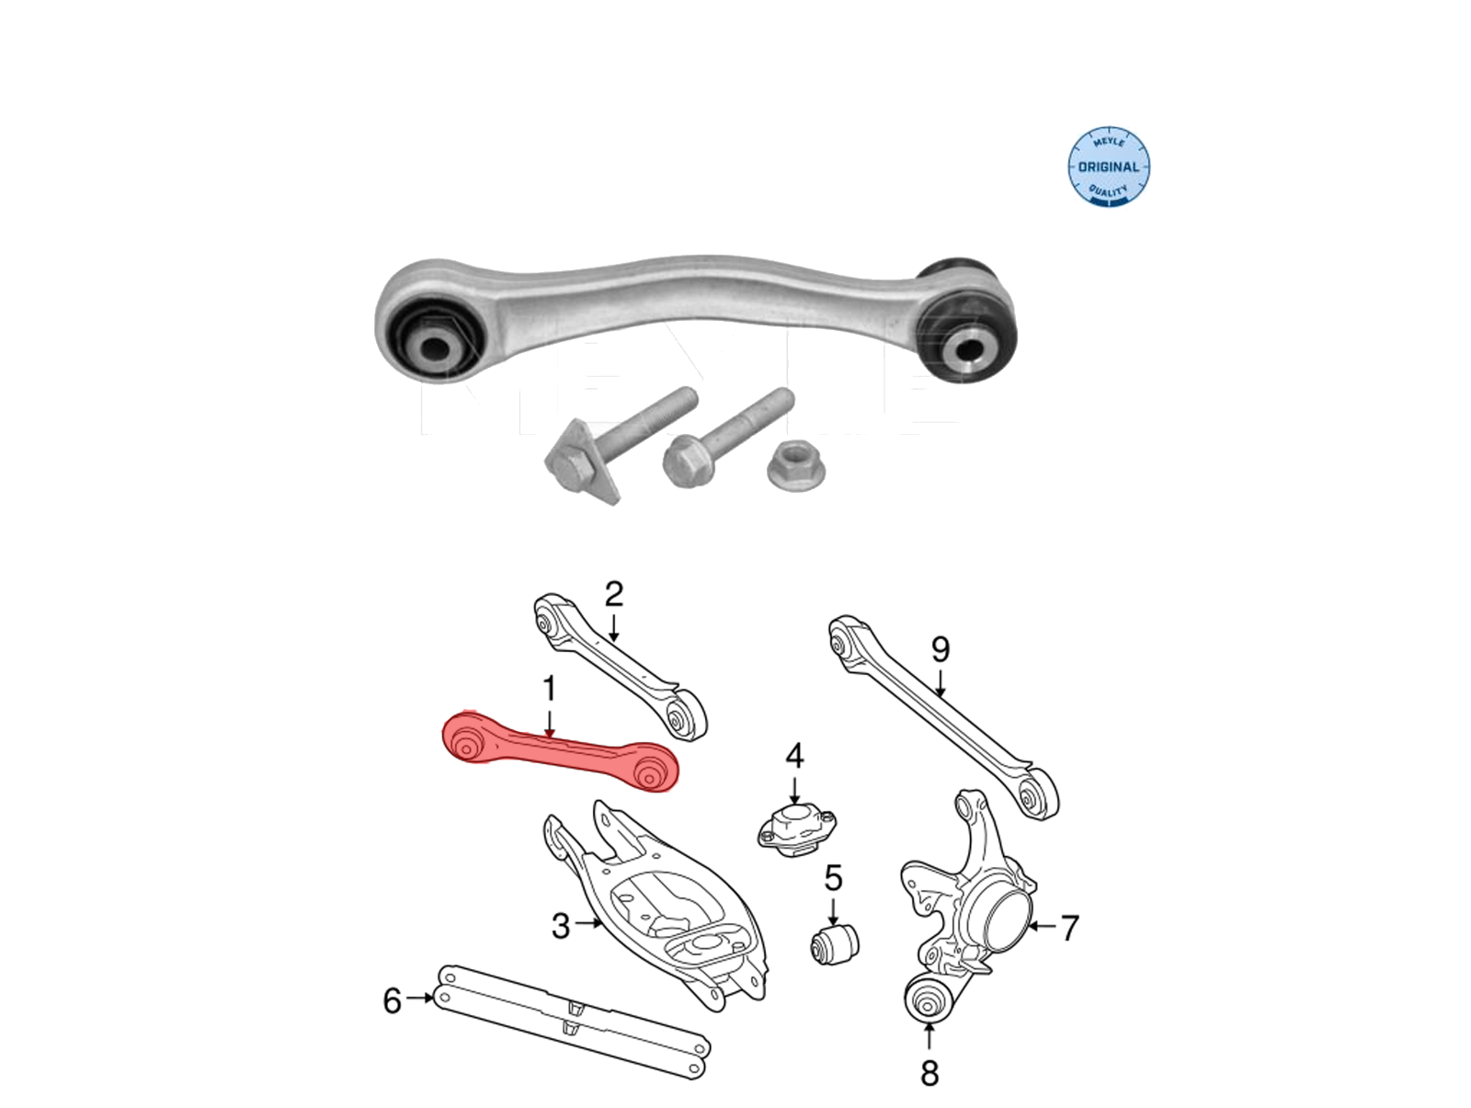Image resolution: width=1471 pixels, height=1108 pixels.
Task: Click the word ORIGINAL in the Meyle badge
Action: (x=1109, y=167)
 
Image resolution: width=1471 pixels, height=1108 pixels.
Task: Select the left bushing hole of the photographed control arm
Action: (x=437, y=348)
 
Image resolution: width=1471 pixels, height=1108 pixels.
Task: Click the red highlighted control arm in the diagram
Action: (x=560, y=752)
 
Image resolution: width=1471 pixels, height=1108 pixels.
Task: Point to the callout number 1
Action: (x=550, y=689)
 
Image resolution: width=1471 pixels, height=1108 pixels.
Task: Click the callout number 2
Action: (x=614, y=594)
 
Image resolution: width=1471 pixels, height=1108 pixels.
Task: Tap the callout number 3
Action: (x=561, y=926)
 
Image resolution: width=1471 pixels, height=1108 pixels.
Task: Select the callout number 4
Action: (x=794, y=756)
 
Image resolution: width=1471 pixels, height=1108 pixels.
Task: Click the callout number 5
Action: (x=833, y=877)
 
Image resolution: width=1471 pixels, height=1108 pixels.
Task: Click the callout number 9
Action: (x=941, y=649)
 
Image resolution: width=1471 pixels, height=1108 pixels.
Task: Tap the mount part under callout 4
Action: (x=797, y=832)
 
